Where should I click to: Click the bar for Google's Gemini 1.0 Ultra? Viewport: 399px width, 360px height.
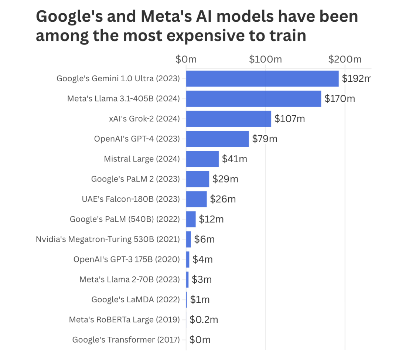point(262,78)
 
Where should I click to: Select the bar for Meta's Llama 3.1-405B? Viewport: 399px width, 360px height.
point(253,99)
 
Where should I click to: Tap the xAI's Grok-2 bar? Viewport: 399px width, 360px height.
point(228,119)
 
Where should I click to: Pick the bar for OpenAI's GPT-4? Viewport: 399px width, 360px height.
point(217,139)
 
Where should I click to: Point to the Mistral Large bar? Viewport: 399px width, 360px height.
point(202,159)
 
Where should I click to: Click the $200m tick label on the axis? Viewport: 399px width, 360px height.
point(345,59)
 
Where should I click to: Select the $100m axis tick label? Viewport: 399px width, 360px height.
point(265,59)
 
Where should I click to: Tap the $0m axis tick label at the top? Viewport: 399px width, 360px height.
point(186,59)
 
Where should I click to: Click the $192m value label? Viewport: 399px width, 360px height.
point(356,78)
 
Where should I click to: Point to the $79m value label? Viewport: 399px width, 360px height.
point(265,139)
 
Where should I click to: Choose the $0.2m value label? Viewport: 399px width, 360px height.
point(204,320)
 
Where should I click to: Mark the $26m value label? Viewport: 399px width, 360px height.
point(223,199)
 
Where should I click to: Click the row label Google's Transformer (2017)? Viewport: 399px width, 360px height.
point(126,340)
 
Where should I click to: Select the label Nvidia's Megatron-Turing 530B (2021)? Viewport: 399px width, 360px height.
point(108,239)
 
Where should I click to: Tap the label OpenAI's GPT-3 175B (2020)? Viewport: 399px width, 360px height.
point(127,259)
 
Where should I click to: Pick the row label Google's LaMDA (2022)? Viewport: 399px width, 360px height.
point(136,299)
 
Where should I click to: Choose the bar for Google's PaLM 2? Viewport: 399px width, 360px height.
point(197,179)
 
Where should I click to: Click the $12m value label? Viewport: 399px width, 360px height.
point(211,219)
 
